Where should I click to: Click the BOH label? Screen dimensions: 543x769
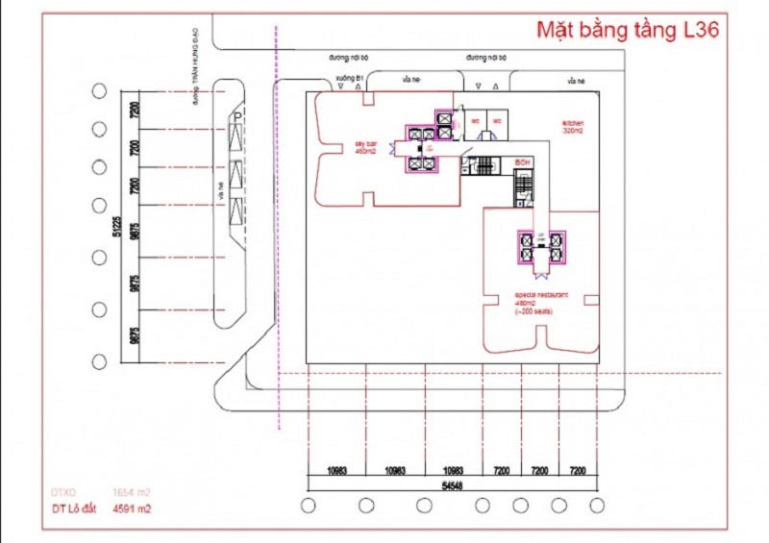tap(523, 161)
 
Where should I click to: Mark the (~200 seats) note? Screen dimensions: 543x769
tap(533, 311)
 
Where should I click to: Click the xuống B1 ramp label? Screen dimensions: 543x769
tap(347, 78)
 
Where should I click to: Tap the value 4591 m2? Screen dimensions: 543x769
tap(132, 509)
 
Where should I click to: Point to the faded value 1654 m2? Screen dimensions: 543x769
tap(132, 490)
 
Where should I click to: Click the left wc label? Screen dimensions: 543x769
tap(475, 121)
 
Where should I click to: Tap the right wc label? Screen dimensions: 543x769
tap(498, 121)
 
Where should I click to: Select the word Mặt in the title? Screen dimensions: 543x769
tap(557, 29)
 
